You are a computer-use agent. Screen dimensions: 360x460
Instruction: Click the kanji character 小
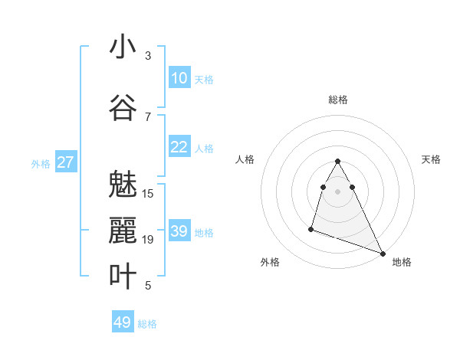tap(123, 47)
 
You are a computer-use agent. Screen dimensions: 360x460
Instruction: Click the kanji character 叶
tap(123, 277)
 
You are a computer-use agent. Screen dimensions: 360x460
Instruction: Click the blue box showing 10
tap(179, 78)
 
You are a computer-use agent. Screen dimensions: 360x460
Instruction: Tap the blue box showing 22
tap(179, 147)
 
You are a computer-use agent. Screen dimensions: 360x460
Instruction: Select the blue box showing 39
tap(179, 231)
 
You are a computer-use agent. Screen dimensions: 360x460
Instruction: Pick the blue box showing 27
tap(66, 162)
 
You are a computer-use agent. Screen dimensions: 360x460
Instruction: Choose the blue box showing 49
tap(123, 322)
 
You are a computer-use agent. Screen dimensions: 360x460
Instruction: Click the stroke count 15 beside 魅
tap(148, 194)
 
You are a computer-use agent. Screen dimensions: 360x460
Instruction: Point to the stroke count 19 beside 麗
tap(148, 240)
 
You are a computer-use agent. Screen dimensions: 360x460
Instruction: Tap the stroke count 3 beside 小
tap(148, 56)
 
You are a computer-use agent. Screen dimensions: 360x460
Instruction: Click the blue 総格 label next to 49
tap(147, 324)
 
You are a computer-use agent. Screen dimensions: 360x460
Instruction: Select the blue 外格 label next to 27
tap(41, 163)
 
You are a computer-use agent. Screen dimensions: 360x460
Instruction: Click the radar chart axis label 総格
tap(337, 100)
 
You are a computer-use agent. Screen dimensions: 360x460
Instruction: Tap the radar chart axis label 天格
tap(432, 159)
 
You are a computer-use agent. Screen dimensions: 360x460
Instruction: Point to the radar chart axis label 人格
tap(245, 159)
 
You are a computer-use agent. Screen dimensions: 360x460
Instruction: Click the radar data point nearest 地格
tap(383, 254)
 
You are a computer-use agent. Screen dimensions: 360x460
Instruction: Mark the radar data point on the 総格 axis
tap(337, 161)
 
